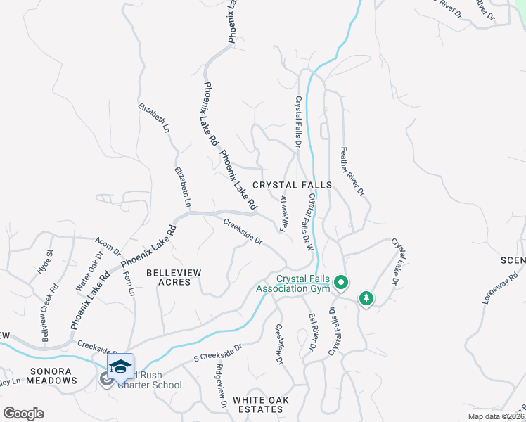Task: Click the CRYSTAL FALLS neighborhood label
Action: pyautogui.click(x=291, y=185)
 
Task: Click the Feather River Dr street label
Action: pyautogui.click(x=352, y=171)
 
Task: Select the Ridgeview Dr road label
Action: pyautogui.click(x=221, y=386)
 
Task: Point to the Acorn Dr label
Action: pyautogui.click(x=108, y=247)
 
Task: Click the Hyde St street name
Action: pyautogui.click(x=45, y=262)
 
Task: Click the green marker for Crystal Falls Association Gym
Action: pyautogui.click(x=341, y=283)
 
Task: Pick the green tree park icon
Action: pyautogui.click(x=366, y=299)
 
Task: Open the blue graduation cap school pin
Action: pyautogui.click(x=120, y=366)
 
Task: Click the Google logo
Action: pyautogui.click(x=23, y=414)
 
